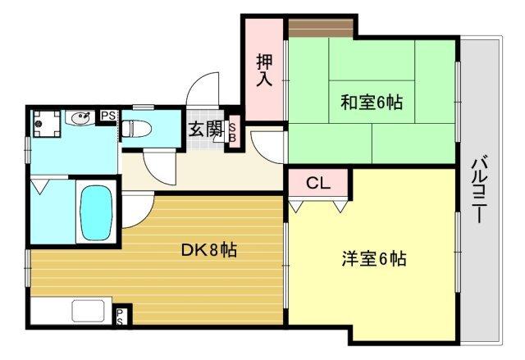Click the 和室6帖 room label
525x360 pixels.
(x=372, y=103)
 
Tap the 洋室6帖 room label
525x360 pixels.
(x=373, y=260)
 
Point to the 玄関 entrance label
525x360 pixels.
(x=206, y=130)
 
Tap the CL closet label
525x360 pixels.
(x=317, y=183)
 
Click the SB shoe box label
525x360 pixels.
(x=232, y=131)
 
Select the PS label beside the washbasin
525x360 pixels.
(x=107, y=116)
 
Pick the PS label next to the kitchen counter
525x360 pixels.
(x=121, y=316)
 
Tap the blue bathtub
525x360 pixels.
(x=95, y=212)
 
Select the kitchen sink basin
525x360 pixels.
(x=86, y=312)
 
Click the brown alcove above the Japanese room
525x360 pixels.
(x=321, y=27)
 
